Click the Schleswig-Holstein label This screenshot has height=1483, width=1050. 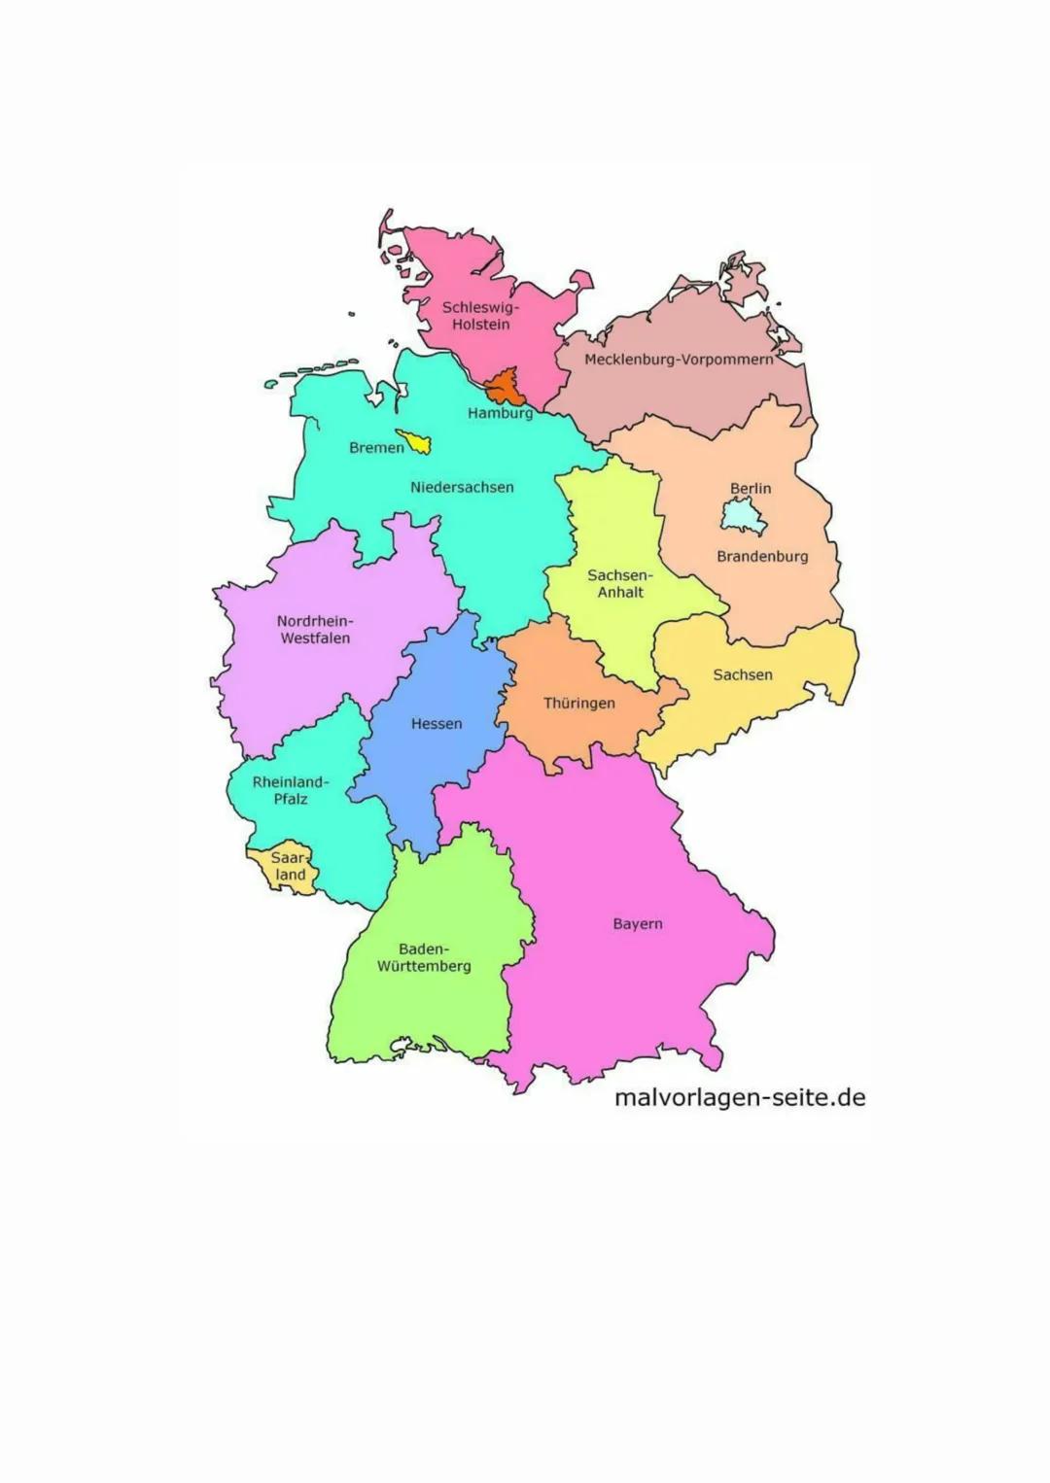click(480, 316)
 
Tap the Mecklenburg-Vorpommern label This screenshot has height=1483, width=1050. click(679, 360)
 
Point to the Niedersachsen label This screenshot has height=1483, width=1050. click(462, 487)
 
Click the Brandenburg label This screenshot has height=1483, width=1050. click(762, 557)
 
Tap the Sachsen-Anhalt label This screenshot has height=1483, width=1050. click(620, 583)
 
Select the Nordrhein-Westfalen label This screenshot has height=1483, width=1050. click(315, 630)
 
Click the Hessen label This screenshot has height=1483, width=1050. click(437, 724)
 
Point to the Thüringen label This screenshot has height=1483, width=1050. click(578, 704)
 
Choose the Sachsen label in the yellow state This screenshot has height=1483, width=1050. click(743, 674)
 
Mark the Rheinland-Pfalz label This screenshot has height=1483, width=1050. click(291, 790)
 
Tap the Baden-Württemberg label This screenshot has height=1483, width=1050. click(424, 957)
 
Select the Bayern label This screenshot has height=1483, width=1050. click(638, 924)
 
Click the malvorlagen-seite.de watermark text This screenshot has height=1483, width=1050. click(740, 1098)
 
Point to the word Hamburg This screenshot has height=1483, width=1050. click(501, 413)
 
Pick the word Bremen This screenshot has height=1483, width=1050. click(376, 448)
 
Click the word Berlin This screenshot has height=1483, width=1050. click(751, 489)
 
